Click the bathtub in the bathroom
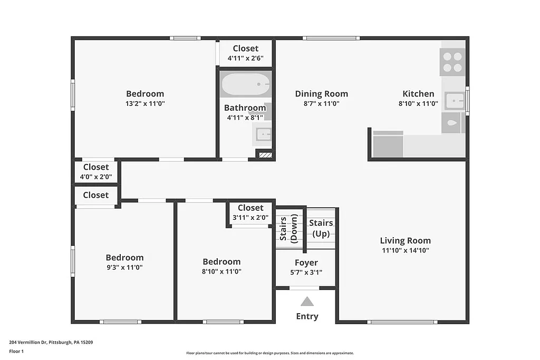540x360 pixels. tap(245, 85)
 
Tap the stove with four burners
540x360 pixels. tap(452, 62)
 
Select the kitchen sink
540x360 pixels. tap(454, 100)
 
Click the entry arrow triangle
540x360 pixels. tap(307, 301)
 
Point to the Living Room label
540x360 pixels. tap(405, 241)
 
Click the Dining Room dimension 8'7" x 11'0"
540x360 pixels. tap(321, 104)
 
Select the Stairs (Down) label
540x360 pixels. tap(288, 228)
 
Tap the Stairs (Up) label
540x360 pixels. tap(321, 228)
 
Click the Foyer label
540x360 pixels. tap(306, 262)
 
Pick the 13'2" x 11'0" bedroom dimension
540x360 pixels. tap(144, 104)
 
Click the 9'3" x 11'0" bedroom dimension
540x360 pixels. tap(124, 267)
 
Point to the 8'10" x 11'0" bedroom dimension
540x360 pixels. tap(221, 271)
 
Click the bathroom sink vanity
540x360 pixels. tap(262, 135)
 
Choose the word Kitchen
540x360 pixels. tap(418, 94)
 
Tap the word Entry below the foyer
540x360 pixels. tap(307, 317)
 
